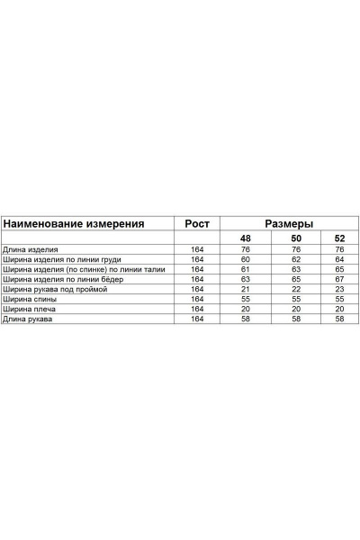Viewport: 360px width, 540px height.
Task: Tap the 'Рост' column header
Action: [197, 223]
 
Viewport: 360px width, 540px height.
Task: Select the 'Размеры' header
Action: [289, 223]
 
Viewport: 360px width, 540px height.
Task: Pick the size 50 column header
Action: [292, 238]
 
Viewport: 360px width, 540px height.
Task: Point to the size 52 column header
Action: [339, 238]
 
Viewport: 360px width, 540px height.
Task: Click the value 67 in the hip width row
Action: [339, 279]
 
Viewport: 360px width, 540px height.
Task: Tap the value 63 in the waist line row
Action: [292, 268]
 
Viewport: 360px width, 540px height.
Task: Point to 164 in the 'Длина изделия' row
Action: [197, 248]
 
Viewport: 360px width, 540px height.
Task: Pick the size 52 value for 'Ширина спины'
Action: [339, 299]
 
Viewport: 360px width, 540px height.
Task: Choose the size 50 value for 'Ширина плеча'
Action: [292, 309]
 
